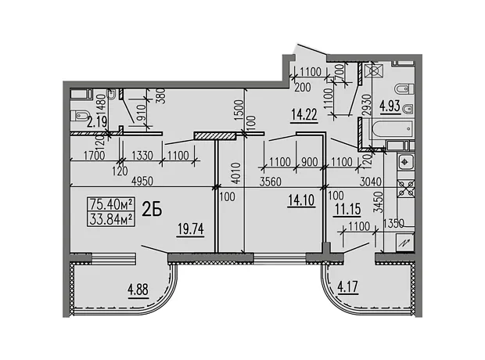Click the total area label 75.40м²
(111, 204)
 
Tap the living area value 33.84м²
(111, 219)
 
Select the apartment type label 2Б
(152, 211)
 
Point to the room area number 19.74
(191, 229)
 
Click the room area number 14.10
(301, 200)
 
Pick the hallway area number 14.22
(304, 115)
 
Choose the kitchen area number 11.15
(348, 209)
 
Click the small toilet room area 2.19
(97, 121)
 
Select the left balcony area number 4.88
(138, 290)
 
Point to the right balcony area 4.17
(348, 286)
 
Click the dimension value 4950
(142, 182)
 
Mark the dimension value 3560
(271, 182)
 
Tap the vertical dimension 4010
(236, 173)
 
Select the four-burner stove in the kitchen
(406, 189)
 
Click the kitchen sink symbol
(406, 161)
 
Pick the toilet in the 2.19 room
(79, 116)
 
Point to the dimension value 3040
(371, 182)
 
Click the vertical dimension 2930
(367, 105)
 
